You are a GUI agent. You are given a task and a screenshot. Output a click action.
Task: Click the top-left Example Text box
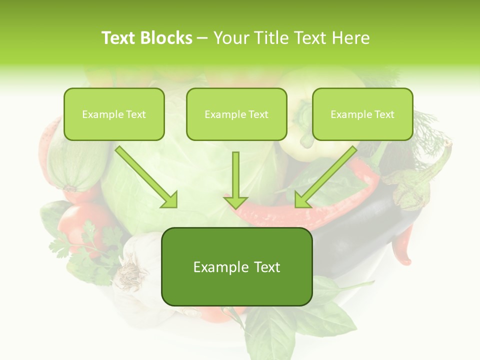pos(114,114)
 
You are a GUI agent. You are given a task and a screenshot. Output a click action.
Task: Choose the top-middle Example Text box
pos(236,114)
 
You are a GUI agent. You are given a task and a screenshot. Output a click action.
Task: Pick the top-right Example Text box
pos(362,114)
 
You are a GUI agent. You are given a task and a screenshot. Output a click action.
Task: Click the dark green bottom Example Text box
pos(236,266)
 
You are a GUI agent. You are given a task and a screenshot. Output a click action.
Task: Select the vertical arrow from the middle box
pos(236,175)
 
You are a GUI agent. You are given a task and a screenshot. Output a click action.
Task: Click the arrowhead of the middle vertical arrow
pos(236,201)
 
